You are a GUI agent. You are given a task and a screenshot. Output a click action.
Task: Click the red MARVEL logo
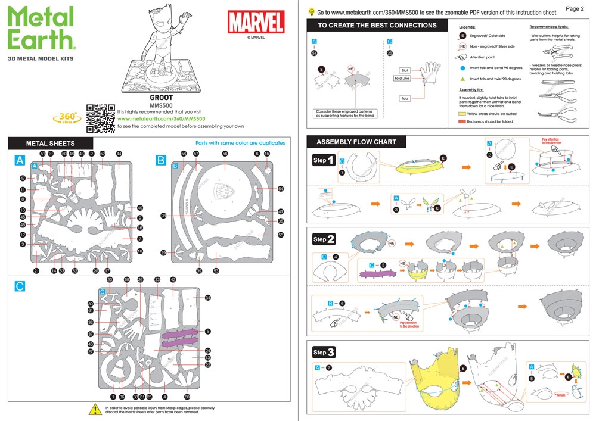pos(256,23)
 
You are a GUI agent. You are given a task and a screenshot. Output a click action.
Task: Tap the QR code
pos(101,118)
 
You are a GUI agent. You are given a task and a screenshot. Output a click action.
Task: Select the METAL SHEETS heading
pos(51,144)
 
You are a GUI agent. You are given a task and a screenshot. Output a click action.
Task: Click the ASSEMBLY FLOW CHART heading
pos(355,142)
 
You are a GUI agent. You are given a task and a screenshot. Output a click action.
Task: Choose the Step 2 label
pos(324,239)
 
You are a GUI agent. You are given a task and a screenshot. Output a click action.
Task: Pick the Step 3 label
pos(324,352)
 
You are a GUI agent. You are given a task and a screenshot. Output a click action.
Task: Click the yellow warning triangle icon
pos(95,410)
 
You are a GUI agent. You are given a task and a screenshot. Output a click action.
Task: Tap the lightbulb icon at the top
pos(311,12)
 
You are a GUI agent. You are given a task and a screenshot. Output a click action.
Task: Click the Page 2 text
pos(574,9)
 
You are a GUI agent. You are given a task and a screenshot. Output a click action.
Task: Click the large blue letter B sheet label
pos(161,160)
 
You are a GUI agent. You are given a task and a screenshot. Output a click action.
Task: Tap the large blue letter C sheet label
pos(20,286)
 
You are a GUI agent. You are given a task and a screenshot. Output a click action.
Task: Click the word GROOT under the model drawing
pos(161,98)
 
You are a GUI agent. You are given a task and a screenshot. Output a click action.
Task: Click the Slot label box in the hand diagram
pos(404,70)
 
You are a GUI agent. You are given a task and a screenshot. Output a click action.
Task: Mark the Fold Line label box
pos(402,78)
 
